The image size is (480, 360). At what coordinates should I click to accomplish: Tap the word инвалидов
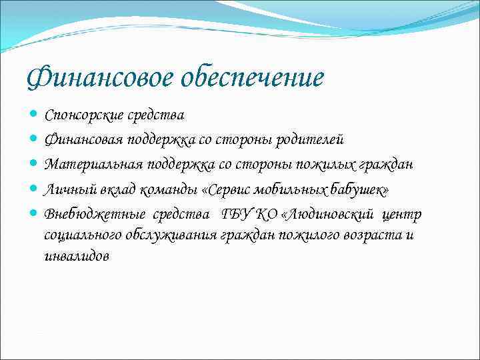[x=76, y=257]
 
